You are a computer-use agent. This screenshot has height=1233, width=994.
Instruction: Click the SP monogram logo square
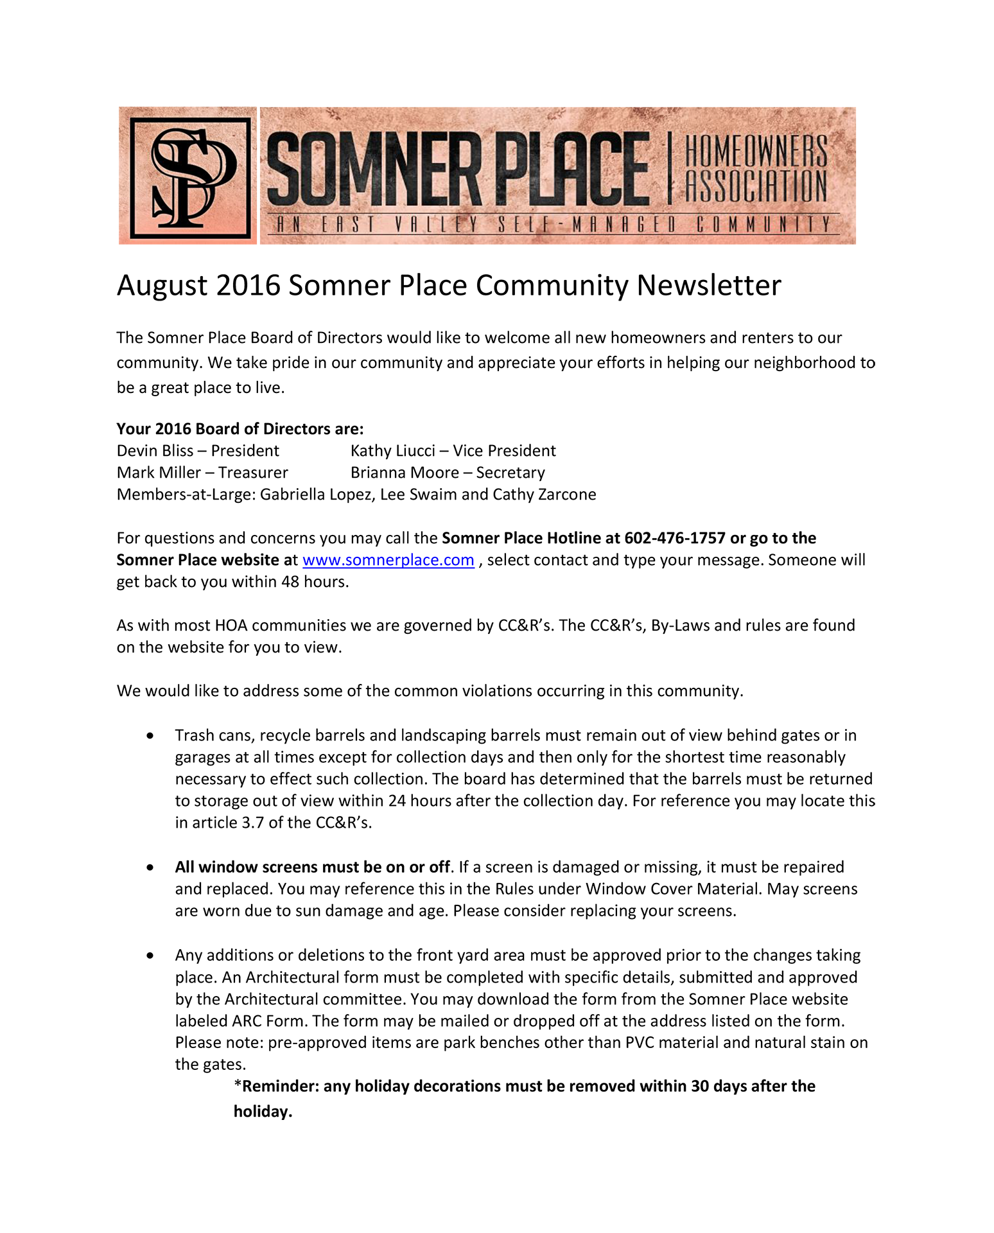(188, 175)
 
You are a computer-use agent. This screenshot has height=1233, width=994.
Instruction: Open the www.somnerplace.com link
(388, 560)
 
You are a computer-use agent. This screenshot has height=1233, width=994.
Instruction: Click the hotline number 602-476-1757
(674, 538)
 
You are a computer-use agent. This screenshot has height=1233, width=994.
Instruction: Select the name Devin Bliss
(155, 451)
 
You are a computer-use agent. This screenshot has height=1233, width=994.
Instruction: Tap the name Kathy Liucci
(392, 451)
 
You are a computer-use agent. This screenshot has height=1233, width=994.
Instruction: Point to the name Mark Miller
(159, 473)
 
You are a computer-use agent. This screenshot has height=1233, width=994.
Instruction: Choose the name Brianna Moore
(405, 473)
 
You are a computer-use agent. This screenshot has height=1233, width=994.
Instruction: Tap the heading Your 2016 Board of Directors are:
(240, 429)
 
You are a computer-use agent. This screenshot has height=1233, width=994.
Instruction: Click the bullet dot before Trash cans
(150, 735)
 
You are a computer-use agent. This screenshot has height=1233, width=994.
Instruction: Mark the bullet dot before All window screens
(150, 868)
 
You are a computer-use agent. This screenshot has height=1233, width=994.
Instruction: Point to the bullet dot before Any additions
(150, 956)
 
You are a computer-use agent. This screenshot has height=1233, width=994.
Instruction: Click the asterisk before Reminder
(238, 1085)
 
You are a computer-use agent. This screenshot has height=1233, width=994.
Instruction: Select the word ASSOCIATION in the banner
(756, 186)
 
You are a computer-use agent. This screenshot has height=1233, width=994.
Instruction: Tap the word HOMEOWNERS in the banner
(756, 150)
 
